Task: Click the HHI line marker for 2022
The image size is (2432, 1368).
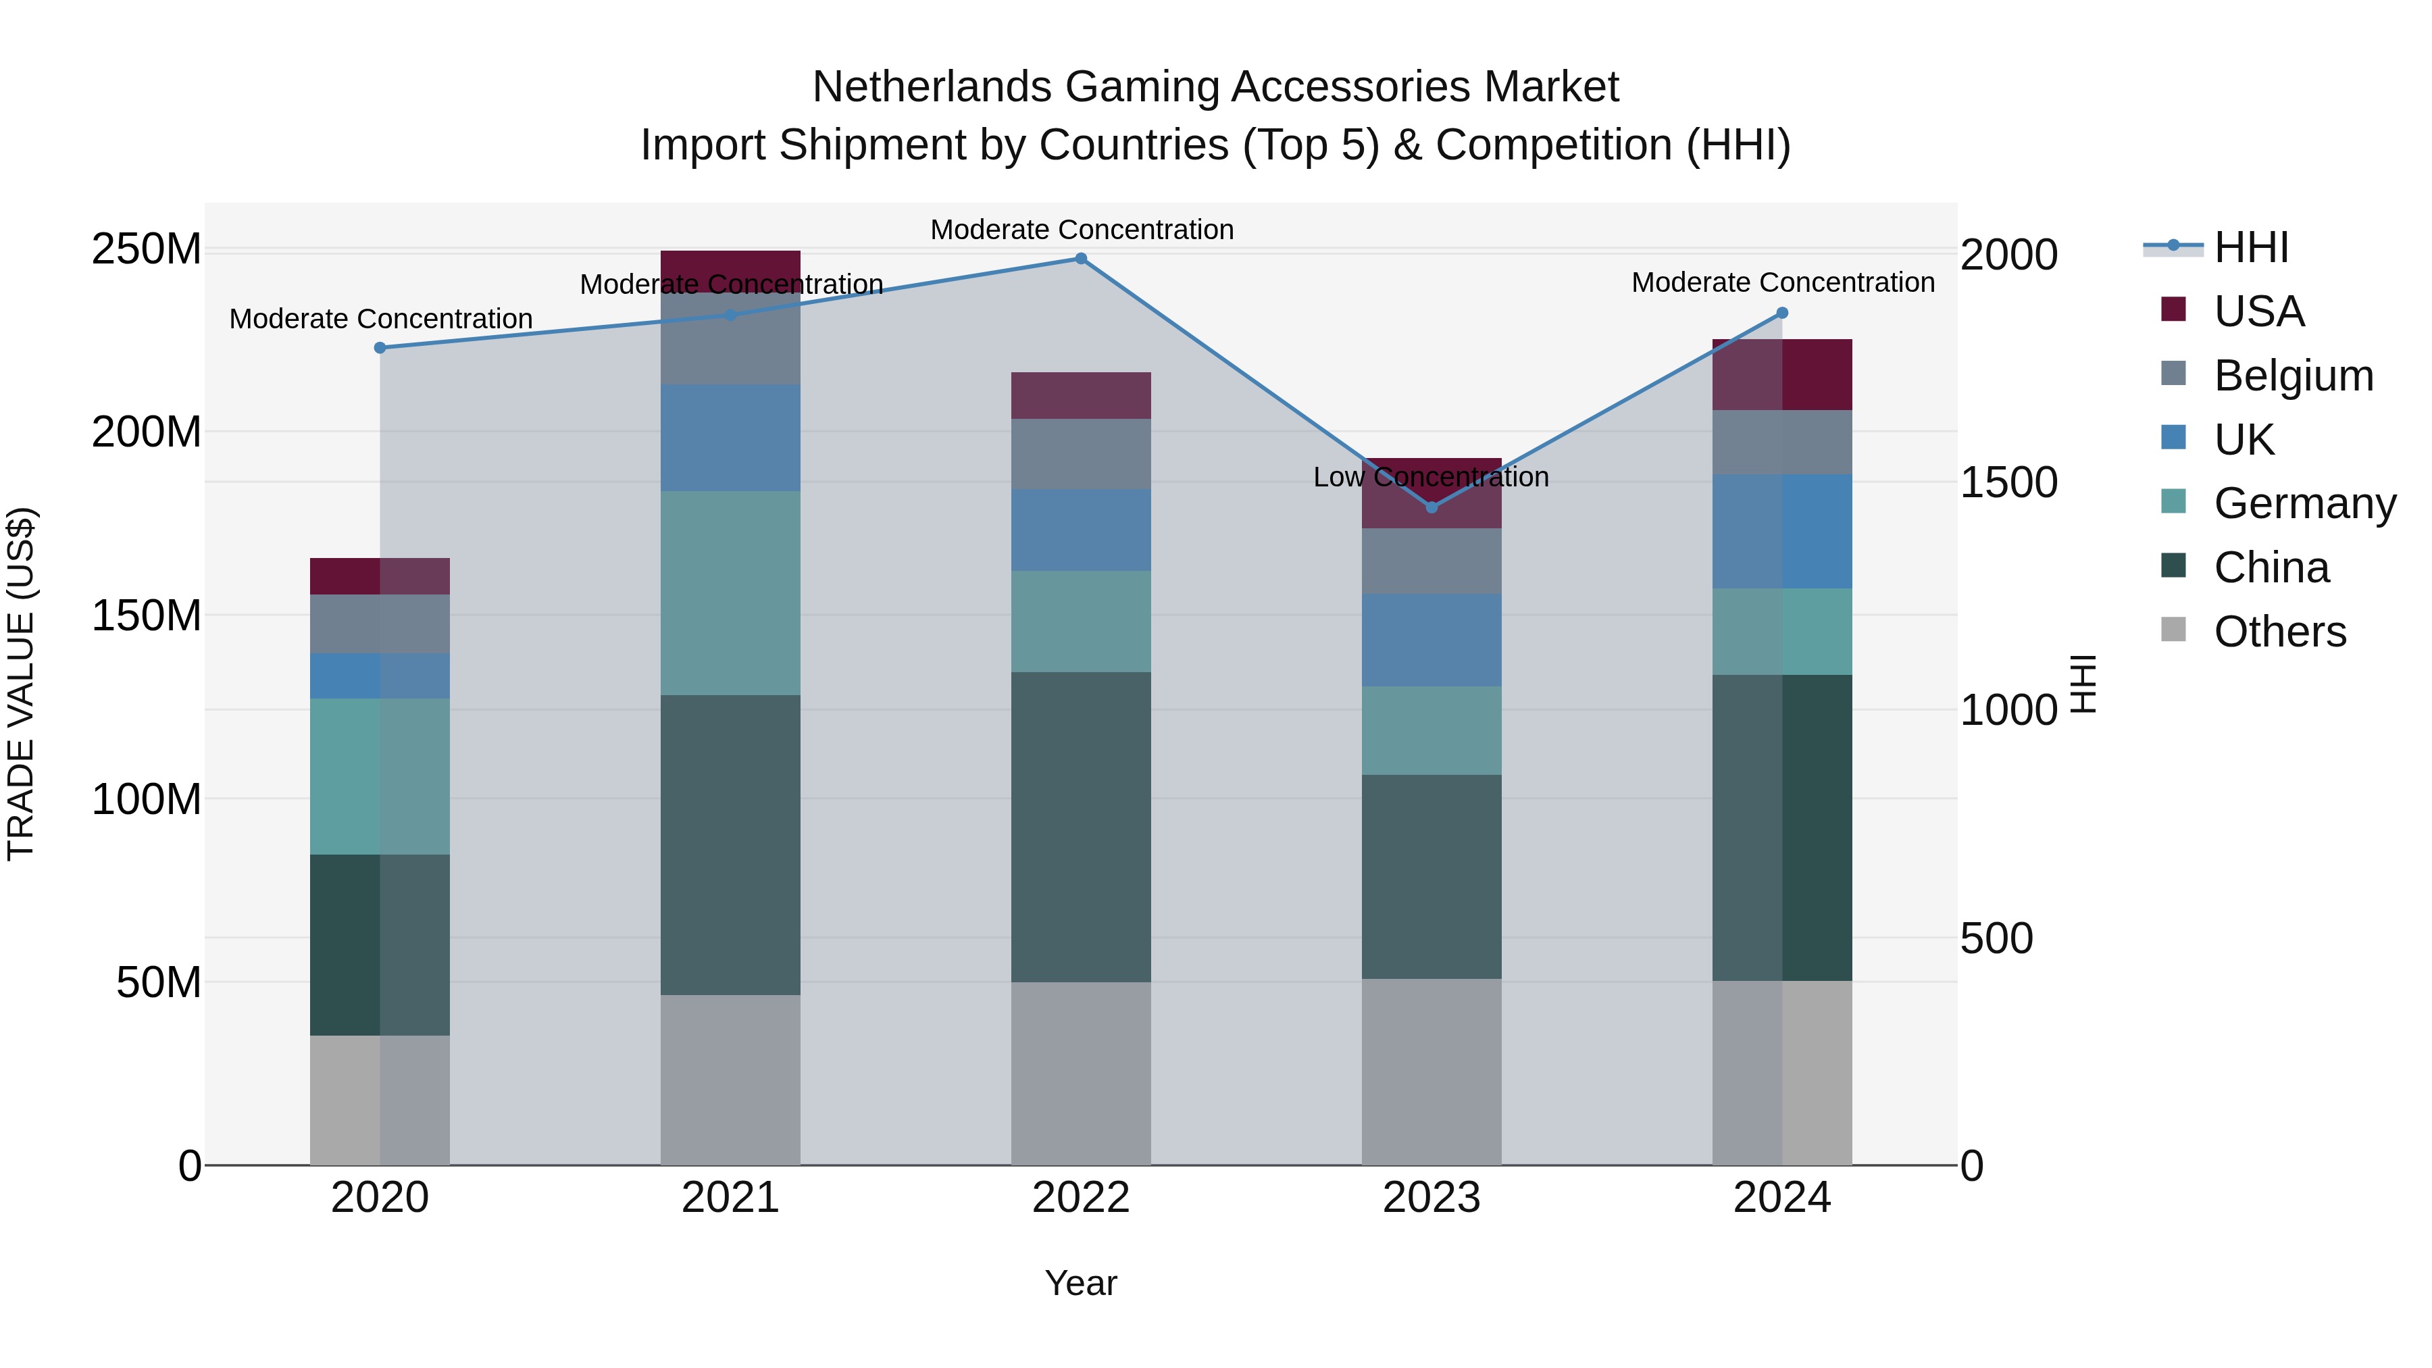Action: click(x=1081, y=259)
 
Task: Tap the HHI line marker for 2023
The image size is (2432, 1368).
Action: click(x=1432, y=508)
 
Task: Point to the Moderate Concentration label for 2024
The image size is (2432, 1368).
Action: click(x=1783, y=283)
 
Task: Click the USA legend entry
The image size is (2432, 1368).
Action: click(x=2258, y=311)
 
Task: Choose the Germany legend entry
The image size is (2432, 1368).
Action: click(x=2304, y=503)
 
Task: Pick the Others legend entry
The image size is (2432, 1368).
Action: click(x=2279, y=632)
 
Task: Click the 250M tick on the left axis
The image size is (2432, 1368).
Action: click(x=147, y=250)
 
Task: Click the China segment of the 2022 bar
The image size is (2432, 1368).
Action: click(x=1081, y=827)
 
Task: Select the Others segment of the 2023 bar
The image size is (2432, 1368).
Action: click(x=1432, y=1071)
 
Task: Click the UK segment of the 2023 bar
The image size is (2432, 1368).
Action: click(x=1432, y=640)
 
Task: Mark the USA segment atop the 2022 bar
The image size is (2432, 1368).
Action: click(x=1081, y=396)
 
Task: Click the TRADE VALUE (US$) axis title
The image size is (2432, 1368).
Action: click(x=21, y=684)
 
